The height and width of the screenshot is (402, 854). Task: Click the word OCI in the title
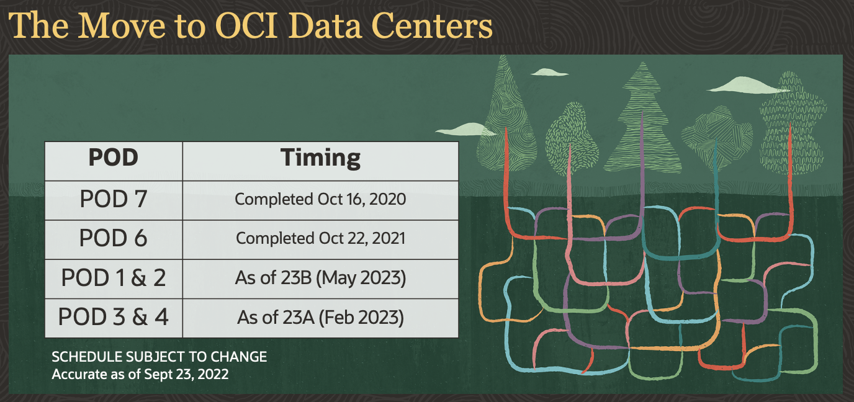point(246,26)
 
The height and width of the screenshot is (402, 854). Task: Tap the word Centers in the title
point(431,26)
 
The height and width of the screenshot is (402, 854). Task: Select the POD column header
point(113,158)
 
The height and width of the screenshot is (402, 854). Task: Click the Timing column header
point(320,158)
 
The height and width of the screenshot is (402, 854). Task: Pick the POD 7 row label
point(113,199)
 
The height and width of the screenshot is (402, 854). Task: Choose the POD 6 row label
point(113,238)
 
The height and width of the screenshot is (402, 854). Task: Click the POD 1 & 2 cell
point(113,277)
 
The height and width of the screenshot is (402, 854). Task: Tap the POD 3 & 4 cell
point(113,316)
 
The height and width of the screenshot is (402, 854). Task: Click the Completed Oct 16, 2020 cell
point(320,199)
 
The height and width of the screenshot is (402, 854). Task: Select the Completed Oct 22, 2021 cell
point(320,239)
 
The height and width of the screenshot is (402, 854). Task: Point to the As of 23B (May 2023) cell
point(320,278)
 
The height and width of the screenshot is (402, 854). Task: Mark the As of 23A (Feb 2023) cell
point(320,318)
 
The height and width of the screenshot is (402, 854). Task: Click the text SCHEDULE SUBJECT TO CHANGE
point(160,357)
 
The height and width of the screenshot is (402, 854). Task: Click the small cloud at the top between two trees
point(549,72)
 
